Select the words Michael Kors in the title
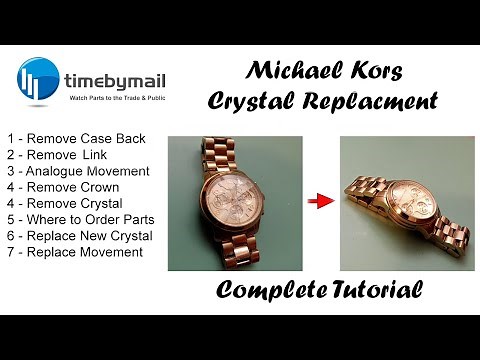pyautogui.click(x=323, y=72)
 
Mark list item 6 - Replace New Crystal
pyautogui.click(x=79, y=235)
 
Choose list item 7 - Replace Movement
pyautogui.click(x=74, y=251)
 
